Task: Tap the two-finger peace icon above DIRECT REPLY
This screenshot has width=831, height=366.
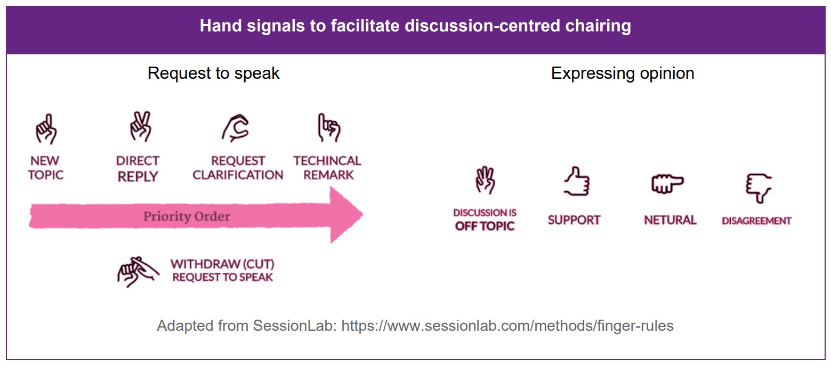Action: tap(141, 126)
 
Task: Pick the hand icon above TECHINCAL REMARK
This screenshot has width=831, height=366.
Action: tap(329, 128)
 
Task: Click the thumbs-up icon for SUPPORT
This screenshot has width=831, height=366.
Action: tap(577, 182)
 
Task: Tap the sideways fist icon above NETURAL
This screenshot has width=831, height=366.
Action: tap(667, 183)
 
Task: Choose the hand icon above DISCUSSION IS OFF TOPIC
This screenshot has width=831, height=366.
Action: tap(486, 181)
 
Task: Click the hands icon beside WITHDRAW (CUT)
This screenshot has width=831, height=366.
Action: tap(138, 272)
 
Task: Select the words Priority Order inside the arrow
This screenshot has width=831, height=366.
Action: tap(187, 216)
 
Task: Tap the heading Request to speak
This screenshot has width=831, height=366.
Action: tap(213, 73)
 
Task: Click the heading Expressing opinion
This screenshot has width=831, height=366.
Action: tap(623, 74)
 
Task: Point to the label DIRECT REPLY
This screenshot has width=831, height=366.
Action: tap(138, 169)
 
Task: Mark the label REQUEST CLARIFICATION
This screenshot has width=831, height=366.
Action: tap(238, 168)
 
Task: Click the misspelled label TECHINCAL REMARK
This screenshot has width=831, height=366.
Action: tap(327, 168)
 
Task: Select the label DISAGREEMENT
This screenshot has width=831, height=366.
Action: tap(756, 221)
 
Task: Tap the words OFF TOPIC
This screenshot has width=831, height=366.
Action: tap(485, 226)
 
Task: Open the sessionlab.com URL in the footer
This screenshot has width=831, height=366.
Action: tap(507, 326)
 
